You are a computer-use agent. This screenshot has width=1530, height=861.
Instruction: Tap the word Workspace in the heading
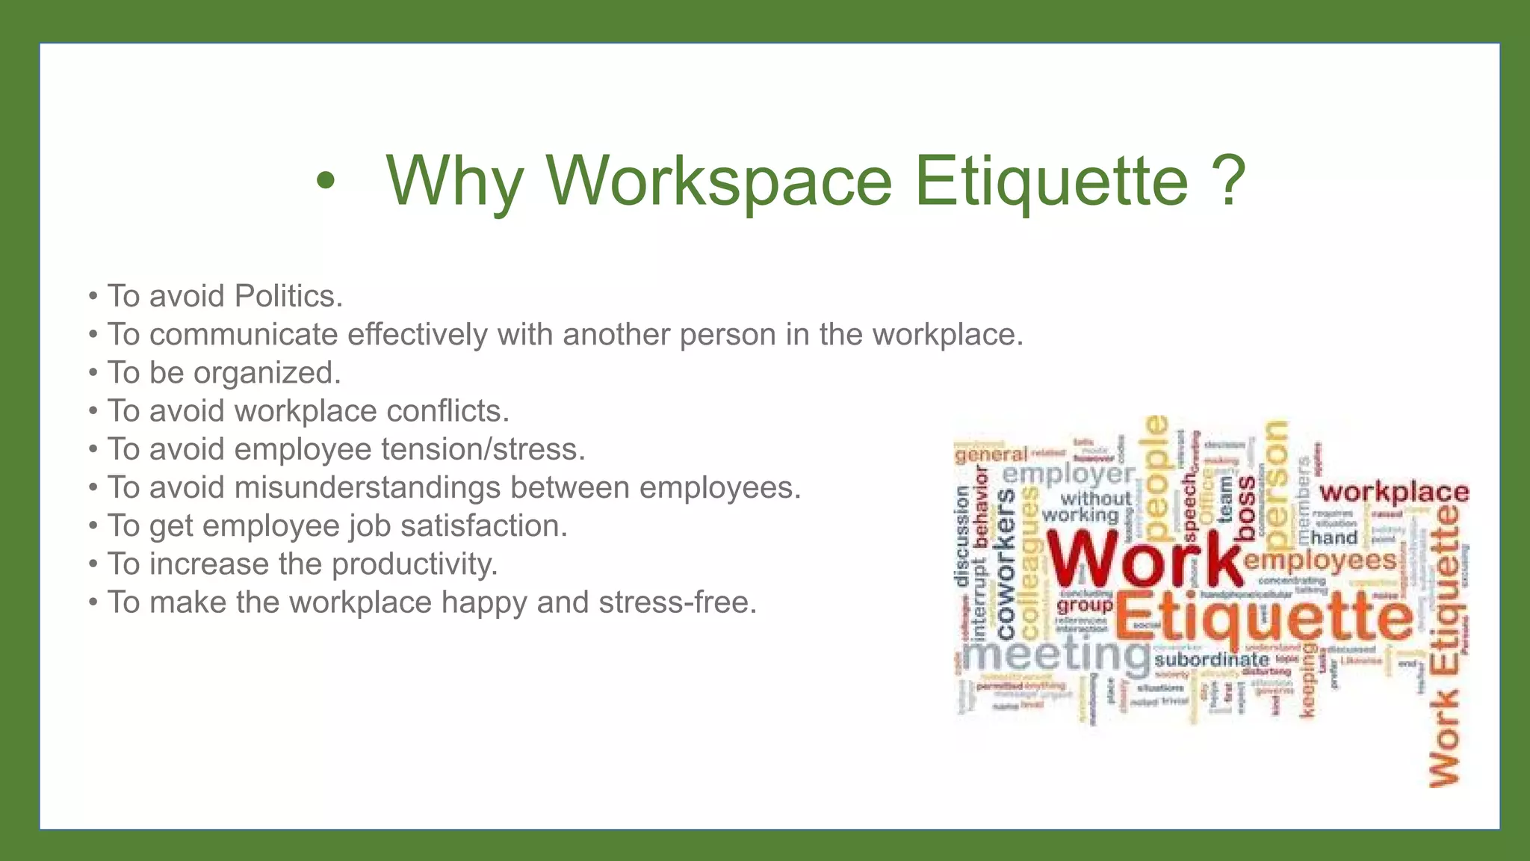pos(719,181)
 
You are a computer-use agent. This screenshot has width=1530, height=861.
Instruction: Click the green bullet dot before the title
pos(325,181)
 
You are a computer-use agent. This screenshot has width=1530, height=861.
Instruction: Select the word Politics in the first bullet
pos(288,296)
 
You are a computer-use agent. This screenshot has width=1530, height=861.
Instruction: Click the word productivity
pos(415,564)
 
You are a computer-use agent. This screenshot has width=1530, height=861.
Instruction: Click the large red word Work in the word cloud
pos(1143,561)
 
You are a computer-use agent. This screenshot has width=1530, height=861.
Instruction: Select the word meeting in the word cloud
pos(1055,655)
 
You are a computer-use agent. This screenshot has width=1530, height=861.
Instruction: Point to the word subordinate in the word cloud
pos(1211,659)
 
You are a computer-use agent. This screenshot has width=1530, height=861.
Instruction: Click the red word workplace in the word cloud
pos(1393,493)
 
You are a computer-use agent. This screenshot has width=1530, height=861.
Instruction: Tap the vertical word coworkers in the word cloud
pos(1006,564)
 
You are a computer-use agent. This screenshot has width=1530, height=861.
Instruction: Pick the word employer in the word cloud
pos(1068,474)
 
